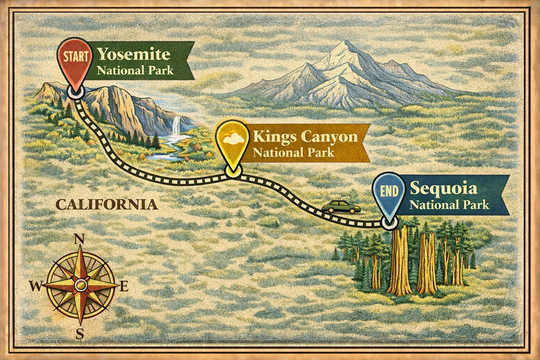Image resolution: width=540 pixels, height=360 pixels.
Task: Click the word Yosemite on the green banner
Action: (133, 55)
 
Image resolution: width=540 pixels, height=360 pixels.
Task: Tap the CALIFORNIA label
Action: (107, 205)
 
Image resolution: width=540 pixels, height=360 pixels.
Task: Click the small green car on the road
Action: (341, 207)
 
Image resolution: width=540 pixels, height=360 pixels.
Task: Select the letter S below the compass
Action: (80, 334)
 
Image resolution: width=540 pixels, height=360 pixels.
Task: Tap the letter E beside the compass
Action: (124, 287)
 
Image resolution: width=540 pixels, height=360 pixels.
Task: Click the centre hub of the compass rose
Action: (80, 285)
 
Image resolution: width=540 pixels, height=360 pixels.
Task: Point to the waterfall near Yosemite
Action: (176, 127)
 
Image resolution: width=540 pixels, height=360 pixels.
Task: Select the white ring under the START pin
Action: (75, 92)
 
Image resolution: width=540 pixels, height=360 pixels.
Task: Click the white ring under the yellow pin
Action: (233, 172)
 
